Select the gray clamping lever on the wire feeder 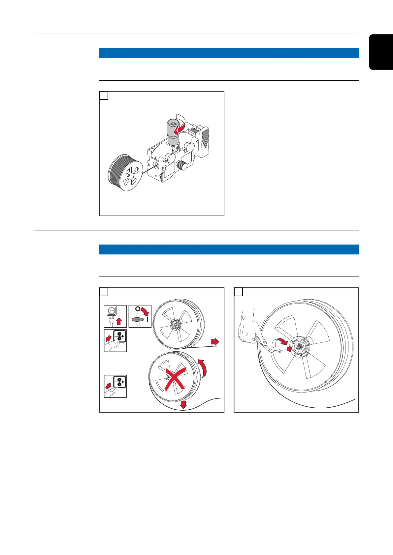point(173,132)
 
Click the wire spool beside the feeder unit point(125,172)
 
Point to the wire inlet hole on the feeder point(157,165)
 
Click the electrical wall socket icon point(112,311)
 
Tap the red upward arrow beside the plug point(119,322)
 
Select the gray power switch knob point(138,320)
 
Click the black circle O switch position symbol point(138,309)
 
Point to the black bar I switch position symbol point(147,319)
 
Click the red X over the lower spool point(175,380)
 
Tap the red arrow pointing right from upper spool point(215,342)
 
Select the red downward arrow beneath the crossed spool point(183,405)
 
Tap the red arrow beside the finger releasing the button point(108,386)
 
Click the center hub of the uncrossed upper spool point(175,324)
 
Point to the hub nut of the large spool point(299,347)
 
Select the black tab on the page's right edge point(381,52)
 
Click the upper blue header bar point(229,53)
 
